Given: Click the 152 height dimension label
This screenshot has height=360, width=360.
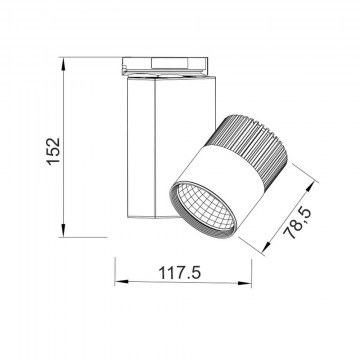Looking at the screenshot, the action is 53,151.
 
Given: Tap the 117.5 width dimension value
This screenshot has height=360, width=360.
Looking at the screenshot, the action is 180,273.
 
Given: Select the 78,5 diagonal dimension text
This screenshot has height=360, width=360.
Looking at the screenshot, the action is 297,223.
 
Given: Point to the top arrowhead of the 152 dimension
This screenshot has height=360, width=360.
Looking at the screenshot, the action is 63,64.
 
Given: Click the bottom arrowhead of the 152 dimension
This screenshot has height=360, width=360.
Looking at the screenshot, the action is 63,230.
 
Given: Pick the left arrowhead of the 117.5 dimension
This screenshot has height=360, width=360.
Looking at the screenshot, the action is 122,282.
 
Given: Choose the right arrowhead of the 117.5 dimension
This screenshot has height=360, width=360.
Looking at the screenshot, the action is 245,283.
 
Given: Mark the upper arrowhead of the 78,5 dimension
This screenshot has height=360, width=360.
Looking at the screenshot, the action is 310,187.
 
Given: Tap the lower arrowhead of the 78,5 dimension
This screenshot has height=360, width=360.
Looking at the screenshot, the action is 266,247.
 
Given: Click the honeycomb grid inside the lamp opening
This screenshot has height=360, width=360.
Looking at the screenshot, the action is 205,207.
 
